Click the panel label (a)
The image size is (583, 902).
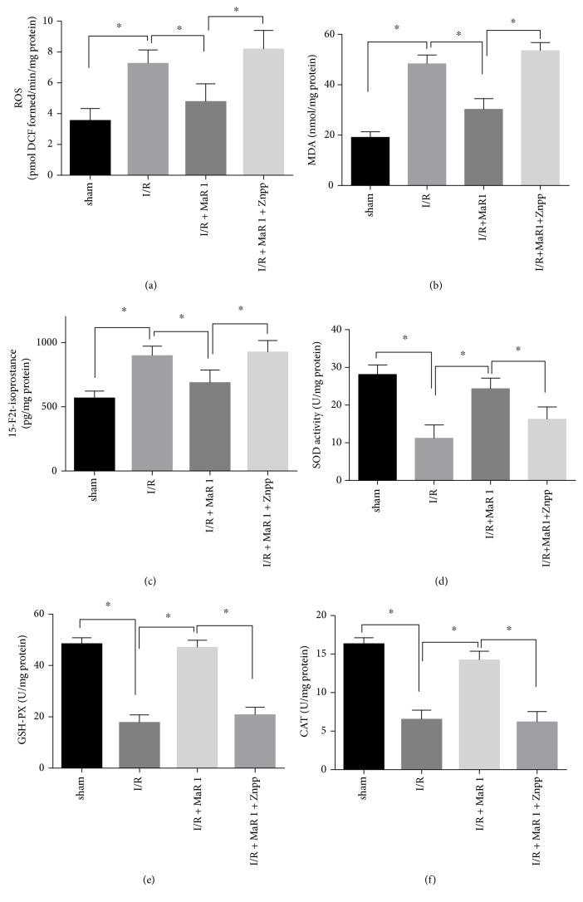coord(150,285)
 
